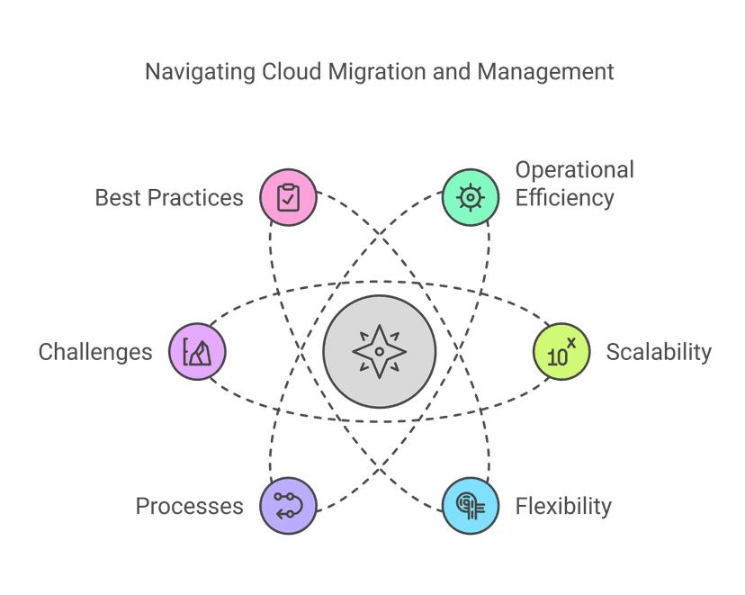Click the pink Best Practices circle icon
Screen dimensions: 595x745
point(288,196)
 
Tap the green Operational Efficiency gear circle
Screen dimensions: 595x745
point(470,196)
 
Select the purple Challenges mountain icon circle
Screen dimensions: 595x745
point(198,351)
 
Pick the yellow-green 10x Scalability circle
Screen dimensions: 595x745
point(561,351)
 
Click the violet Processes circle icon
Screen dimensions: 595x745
point(288,505)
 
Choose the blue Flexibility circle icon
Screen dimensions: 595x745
point(470,505)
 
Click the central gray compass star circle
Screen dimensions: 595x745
point(379,351)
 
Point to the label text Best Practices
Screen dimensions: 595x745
point(169,197)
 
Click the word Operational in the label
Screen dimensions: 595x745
point(574,170)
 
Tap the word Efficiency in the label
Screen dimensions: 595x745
point(564,197)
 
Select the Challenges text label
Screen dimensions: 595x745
point(95,351)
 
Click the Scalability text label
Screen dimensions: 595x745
point(659,351)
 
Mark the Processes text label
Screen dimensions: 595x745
point(189,506)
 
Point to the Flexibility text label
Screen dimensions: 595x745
point(563,506)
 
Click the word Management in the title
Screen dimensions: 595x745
point(545,72)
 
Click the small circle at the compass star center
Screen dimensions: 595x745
point(379,351)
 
